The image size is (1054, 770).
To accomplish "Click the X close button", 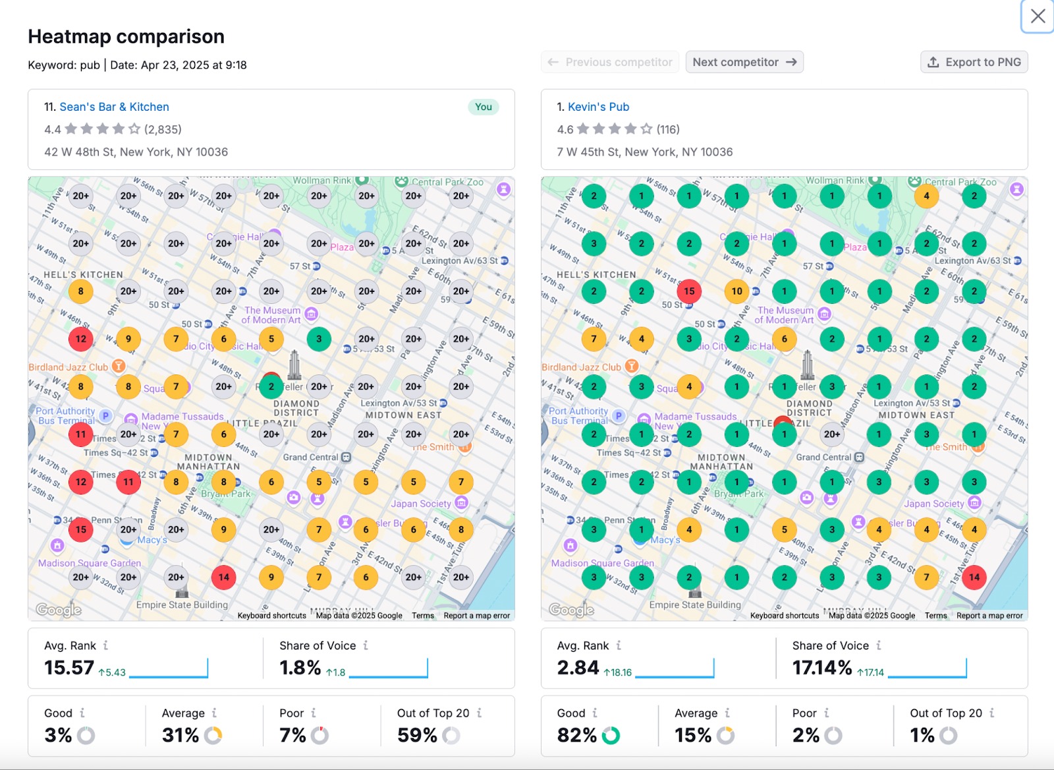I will pos(1038,16).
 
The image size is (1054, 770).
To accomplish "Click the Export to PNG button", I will pos(974,62).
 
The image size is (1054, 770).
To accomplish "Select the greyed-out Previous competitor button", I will pos(610,62).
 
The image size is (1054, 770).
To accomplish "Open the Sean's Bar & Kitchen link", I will pos(114,107).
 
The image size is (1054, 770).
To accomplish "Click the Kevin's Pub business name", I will pos(598,107).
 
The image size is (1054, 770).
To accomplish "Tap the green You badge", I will pos(484,107).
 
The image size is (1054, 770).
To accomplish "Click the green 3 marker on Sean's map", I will pos(319,339).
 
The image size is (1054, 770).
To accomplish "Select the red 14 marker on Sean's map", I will pos(224,577).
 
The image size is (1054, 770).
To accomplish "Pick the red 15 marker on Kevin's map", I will pos(689,291).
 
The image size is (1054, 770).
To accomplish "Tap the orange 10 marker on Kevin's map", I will pos(736,291).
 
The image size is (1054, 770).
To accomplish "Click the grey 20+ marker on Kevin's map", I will pos(832,434).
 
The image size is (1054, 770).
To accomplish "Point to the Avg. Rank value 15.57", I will pos(69,668).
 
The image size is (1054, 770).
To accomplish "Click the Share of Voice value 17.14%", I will pos(822,668).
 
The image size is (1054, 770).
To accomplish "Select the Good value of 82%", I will pos(576,735).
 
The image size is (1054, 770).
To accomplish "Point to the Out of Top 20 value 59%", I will pos(417,735).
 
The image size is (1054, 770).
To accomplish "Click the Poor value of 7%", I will pos(292,735).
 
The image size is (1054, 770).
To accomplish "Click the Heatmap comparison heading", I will pos(126,36).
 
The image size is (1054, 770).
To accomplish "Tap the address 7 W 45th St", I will pos(644,152).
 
